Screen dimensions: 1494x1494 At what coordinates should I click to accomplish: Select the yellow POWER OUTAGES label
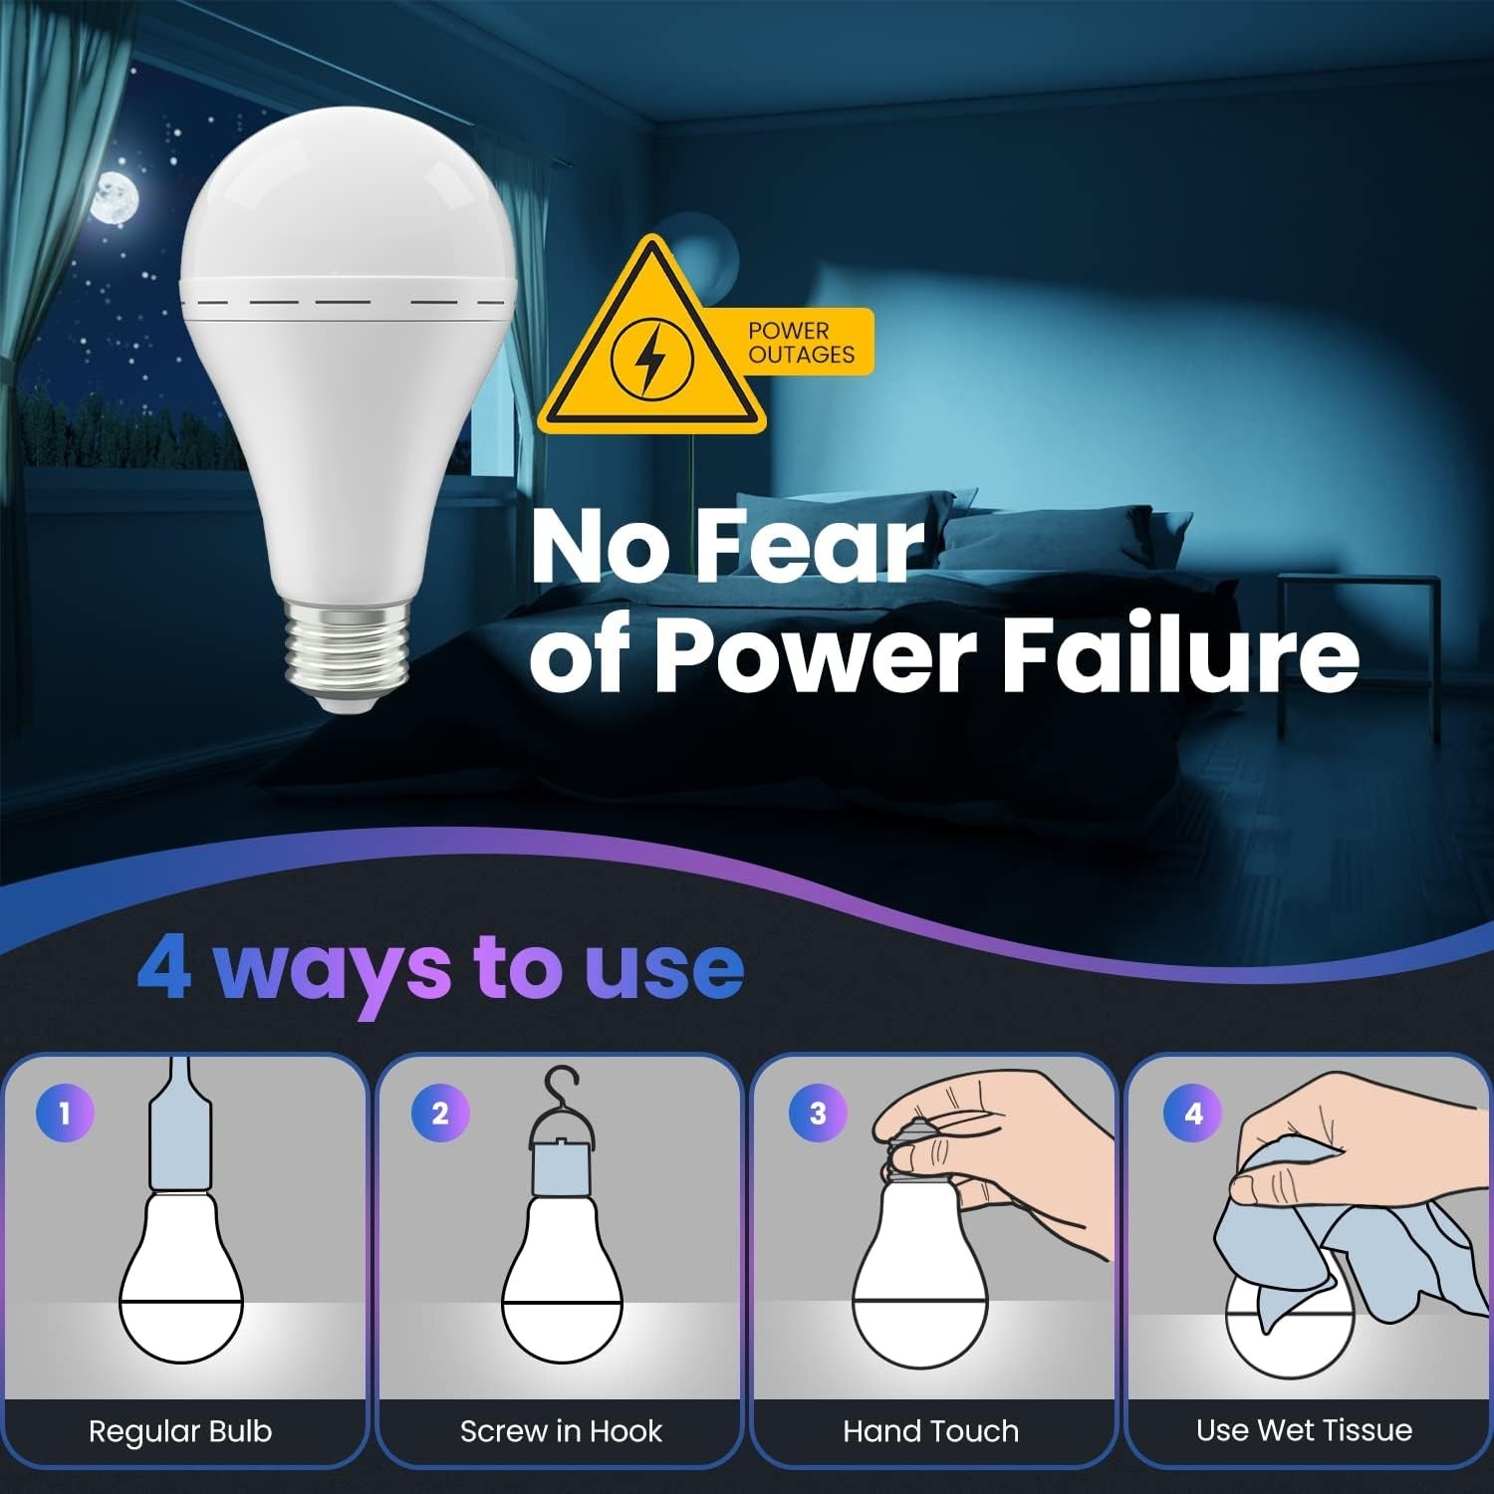(802, 343)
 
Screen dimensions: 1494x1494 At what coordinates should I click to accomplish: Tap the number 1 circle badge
(65, 1113)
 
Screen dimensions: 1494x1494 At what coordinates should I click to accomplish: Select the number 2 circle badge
(440, 1113)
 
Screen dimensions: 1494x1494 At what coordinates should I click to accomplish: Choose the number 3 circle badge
(817, 1113)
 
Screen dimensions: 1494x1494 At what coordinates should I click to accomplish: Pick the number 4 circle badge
(1192, 1113)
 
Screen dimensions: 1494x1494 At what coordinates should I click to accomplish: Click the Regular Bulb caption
(180, 1431)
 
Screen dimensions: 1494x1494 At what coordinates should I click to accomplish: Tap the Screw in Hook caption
(561, 1431)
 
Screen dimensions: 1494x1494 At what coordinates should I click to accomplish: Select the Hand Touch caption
(931, 1431)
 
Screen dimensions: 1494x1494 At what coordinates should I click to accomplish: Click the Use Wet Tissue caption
(1304, 1430)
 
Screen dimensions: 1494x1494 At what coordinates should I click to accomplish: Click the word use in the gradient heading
(663, 968)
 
